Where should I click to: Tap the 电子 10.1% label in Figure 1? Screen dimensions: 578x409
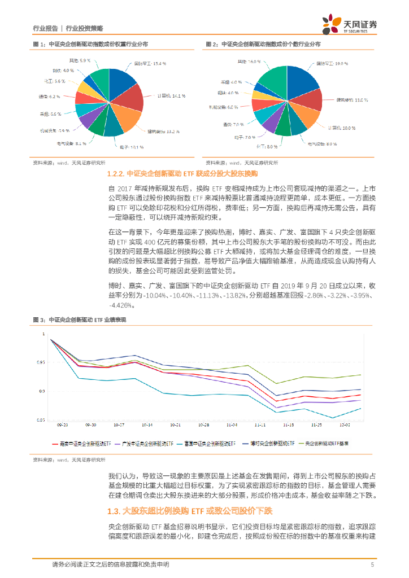pyautogui.click(x=131, y=147)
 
